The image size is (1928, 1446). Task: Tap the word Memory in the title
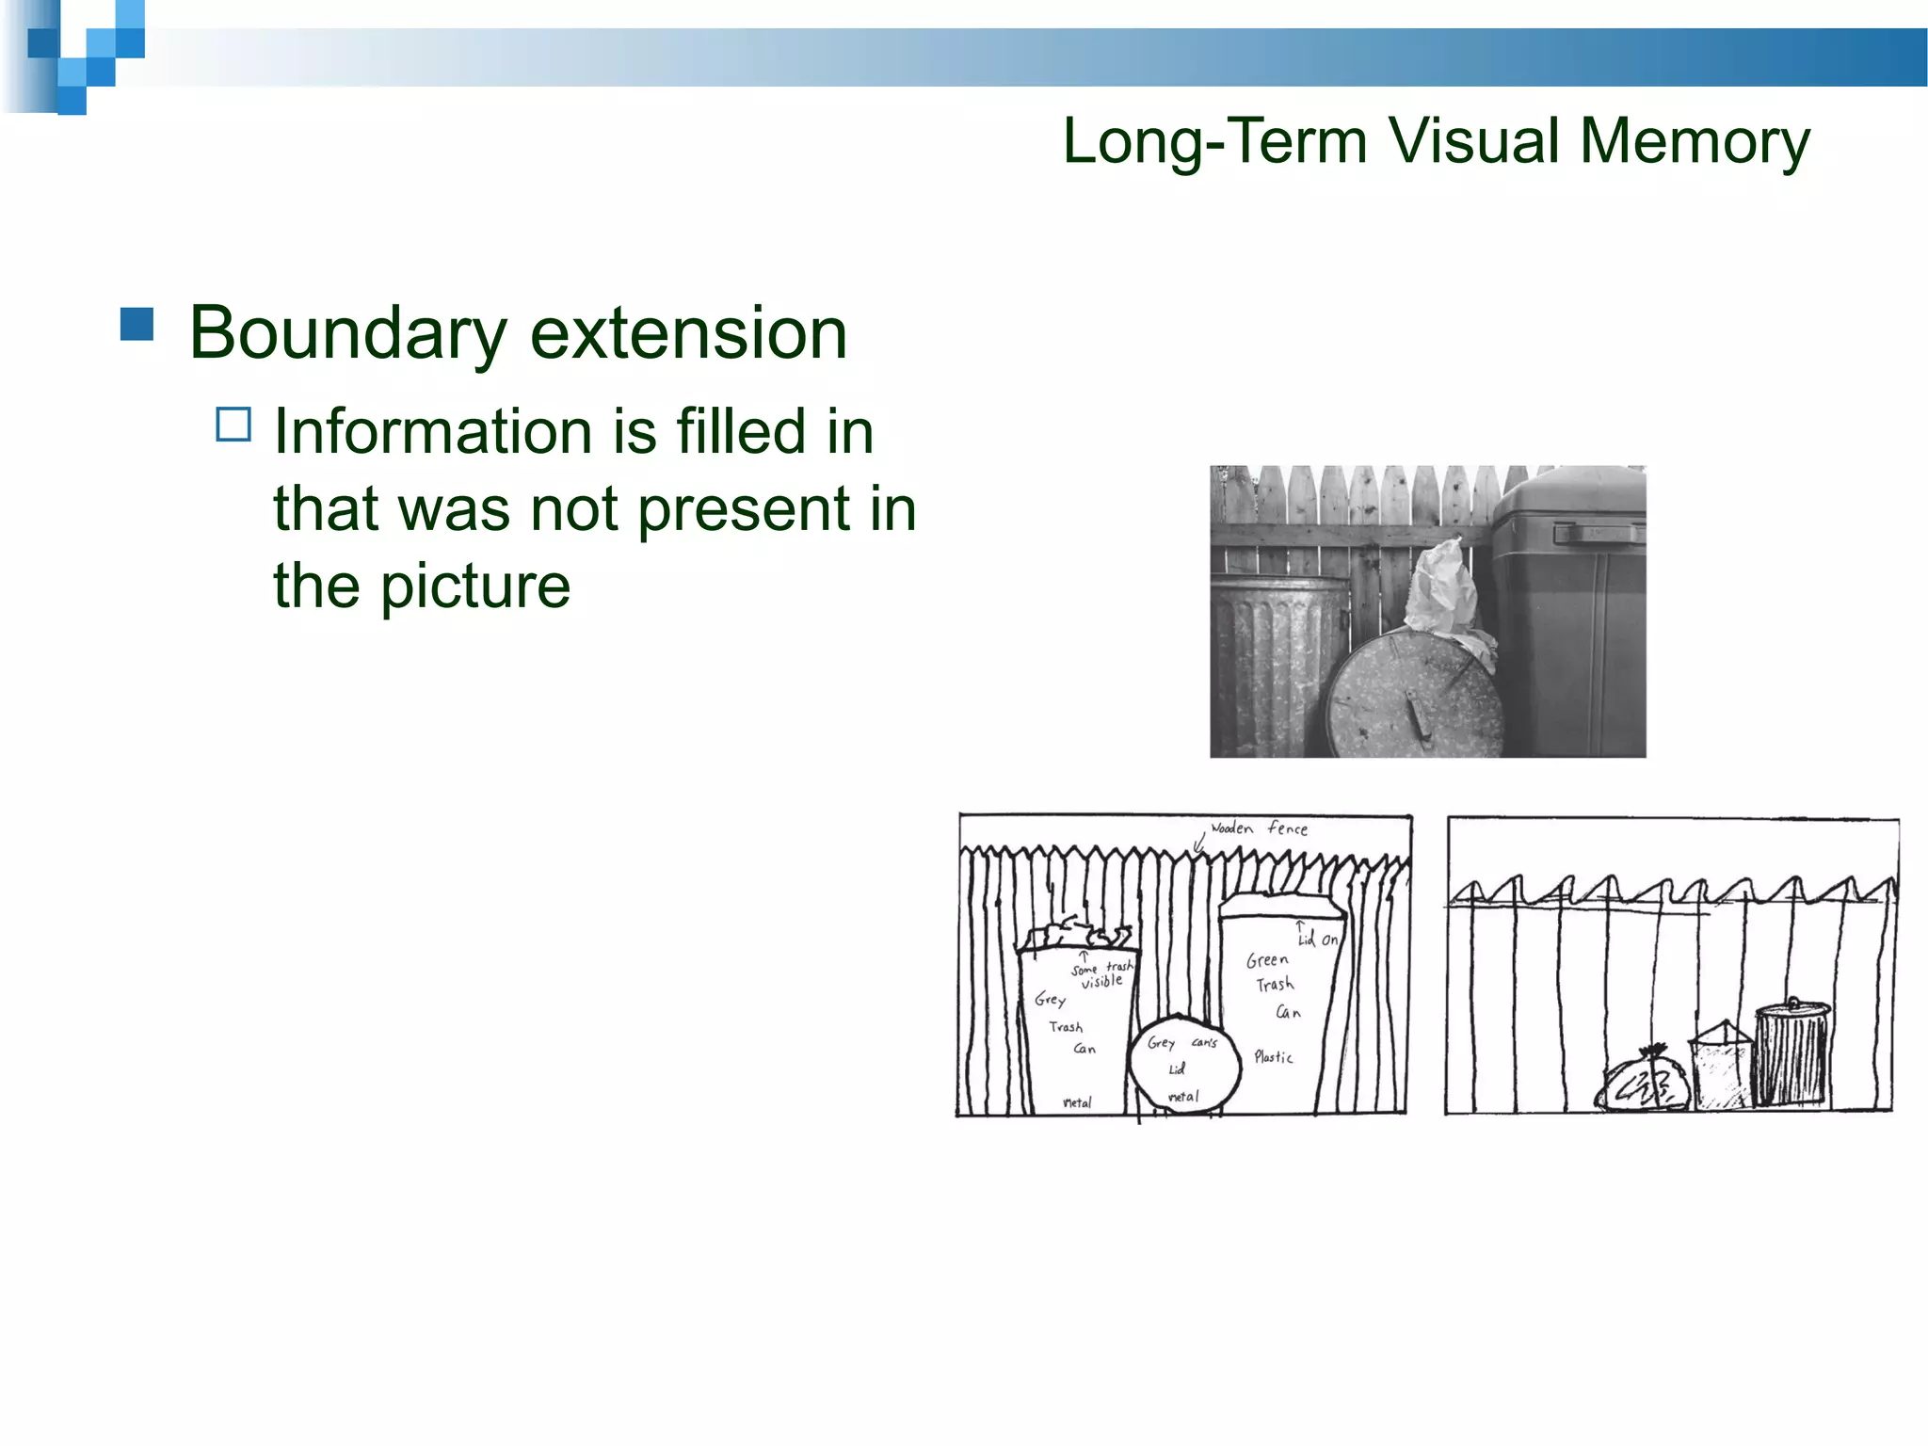pos(1694,142)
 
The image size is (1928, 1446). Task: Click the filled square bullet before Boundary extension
pos(137,324)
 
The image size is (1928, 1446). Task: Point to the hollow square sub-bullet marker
pos(233,425)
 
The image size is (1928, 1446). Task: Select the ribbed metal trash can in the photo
pos(1271,659)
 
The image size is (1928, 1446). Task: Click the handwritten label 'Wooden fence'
pos(1259,828)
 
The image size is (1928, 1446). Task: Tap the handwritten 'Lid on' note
pos(1317,939)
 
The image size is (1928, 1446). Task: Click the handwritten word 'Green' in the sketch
pos(1267,960)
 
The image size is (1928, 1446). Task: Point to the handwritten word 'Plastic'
pos(1274,1057)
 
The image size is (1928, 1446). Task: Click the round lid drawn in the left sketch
pos(1183,1065)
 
